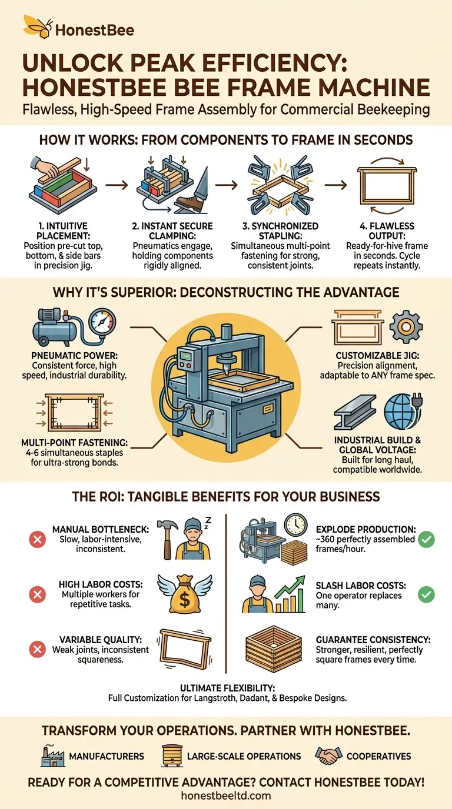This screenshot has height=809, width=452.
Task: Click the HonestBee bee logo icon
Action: (38, 26)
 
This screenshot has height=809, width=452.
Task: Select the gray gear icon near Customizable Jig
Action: (406, 326)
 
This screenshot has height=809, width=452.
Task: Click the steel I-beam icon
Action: (355, 412)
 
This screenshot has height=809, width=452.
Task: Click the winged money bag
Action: (185, 594)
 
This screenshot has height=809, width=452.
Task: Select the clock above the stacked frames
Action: (296, 525)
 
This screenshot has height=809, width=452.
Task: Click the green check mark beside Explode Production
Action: (426, 540)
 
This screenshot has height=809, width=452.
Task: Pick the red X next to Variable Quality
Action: (37, 649)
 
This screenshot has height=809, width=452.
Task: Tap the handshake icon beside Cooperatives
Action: (328, 755)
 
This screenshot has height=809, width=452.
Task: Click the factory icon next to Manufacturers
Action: (53, 755)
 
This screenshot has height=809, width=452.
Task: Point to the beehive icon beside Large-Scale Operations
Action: (171, 755)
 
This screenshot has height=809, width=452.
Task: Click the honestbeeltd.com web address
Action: (226, 795)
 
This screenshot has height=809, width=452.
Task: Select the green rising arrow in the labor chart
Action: (290, 589)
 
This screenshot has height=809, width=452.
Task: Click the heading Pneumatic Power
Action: (75, 355)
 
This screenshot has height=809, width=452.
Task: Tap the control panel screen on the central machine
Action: (187, 356)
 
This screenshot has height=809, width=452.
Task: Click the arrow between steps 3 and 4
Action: (335, 185)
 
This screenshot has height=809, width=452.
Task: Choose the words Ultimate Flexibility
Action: (227, 688)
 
